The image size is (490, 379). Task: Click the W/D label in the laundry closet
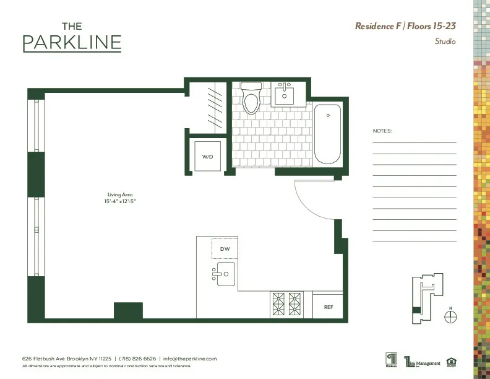207,157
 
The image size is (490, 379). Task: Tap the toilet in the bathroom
251,100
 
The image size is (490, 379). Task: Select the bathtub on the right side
327,134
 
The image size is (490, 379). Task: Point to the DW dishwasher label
225,249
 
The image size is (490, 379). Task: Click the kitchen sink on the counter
224,273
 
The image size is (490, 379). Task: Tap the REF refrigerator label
329,307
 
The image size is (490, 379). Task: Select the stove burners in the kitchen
287,303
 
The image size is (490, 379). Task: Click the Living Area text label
120,194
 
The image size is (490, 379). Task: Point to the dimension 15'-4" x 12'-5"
120,202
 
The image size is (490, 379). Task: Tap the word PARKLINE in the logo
72,43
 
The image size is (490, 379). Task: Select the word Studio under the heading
445,41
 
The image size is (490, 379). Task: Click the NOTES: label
382,131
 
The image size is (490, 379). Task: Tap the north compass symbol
451,316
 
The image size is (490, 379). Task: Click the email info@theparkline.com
190,359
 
